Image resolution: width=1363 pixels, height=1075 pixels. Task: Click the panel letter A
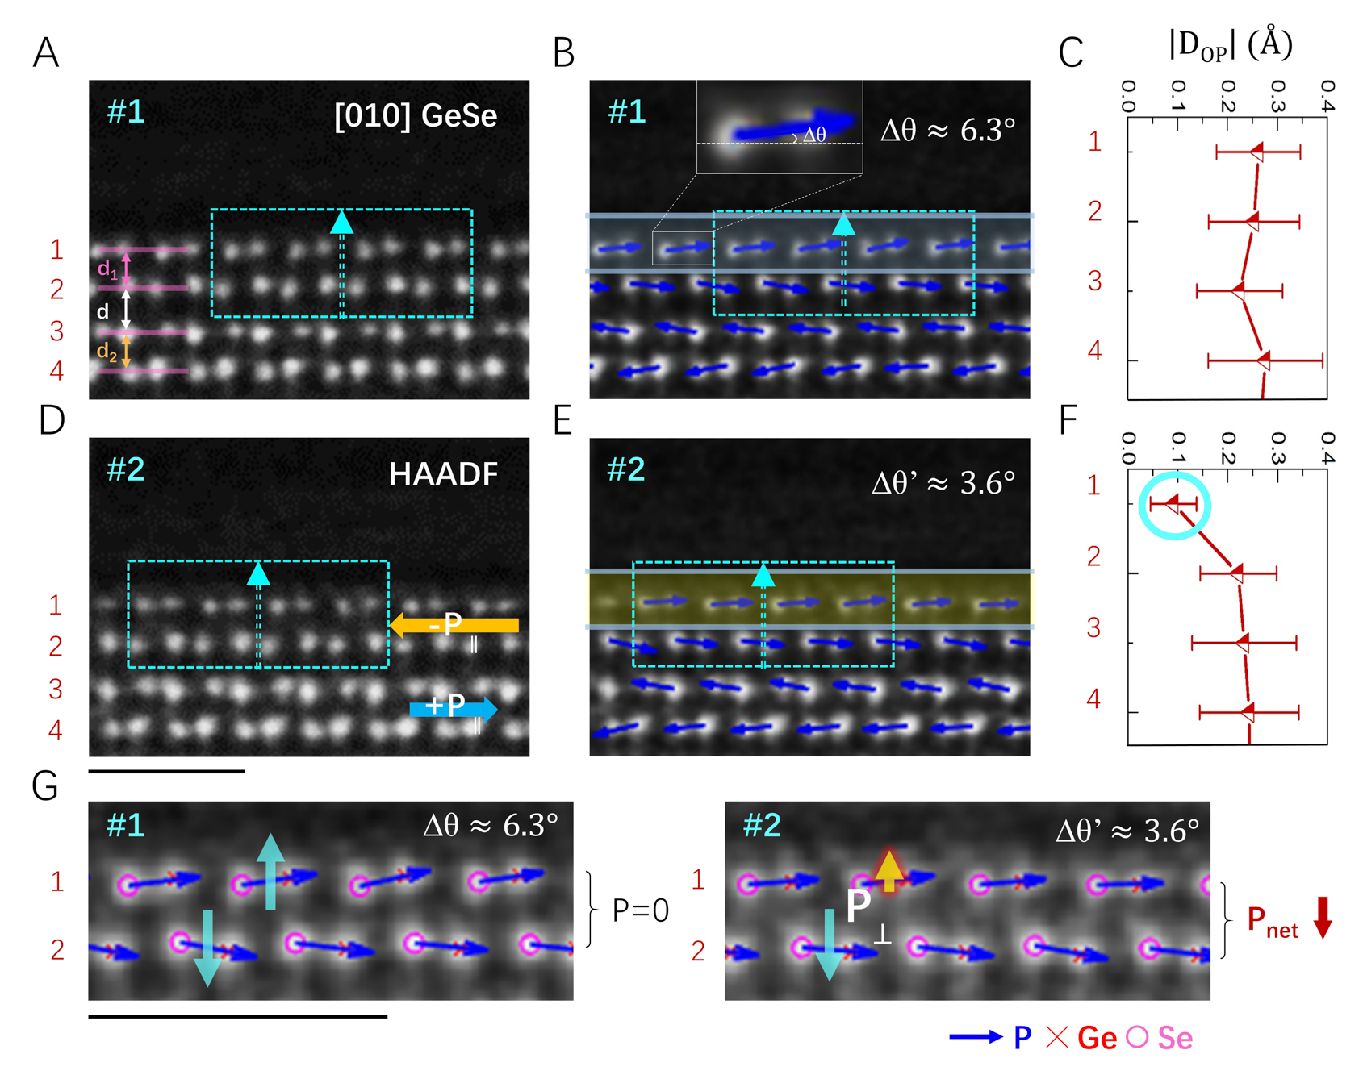coord(46,53)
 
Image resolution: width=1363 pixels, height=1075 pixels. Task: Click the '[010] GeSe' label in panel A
coord(416,116)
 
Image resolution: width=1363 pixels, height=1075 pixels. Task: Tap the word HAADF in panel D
coord(443,474)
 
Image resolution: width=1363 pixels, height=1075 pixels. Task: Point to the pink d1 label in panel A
coord(107,269)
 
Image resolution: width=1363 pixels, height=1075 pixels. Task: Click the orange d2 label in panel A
coord(107,352)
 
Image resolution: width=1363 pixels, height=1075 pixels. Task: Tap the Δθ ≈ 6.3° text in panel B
coord(947,129)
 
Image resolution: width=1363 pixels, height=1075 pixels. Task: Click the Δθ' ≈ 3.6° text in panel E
coord(943,483)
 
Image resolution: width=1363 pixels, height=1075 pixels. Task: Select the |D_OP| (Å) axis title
coord(1230,45)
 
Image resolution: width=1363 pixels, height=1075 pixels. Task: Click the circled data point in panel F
coord(1173,504)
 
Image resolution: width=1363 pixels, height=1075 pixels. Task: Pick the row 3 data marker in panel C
coord(1239,290)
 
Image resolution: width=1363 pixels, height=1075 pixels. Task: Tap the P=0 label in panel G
coord(641,910)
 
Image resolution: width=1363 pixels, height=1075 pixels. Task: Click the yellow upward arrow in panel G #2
coord(888,870)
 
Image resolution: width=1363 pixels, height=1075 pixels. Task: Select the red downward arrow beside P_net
coord(1323,917)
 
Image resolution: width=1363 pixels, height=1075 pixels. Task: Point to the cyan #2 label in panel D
coord(126,469)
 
